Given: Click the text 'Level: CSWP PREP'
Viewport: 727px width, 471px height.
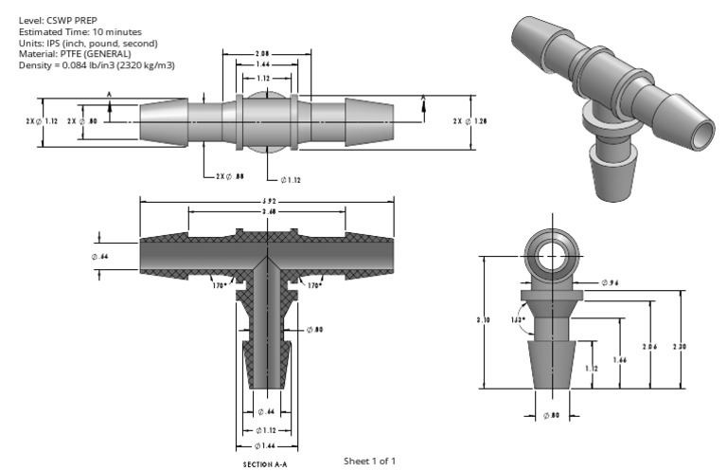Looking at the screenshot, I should (x=49, y=19).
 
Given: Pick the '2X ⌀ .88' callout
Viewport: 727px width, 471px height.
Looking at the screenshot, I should (x=229, y=176).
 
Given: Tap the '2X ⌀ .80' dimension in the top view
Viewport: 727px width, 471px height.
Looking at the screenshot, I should (x=83, y=121).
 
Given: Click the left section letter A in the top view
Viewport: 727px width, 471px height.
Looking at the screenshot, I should (x=110, y=95).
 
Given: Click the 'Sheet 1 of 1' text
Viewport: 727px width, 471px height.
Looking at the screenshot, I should (x=369, y=461).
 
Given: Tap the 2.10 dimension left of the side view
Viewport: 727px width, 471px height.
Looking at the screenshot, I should (x=482, y=321).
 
